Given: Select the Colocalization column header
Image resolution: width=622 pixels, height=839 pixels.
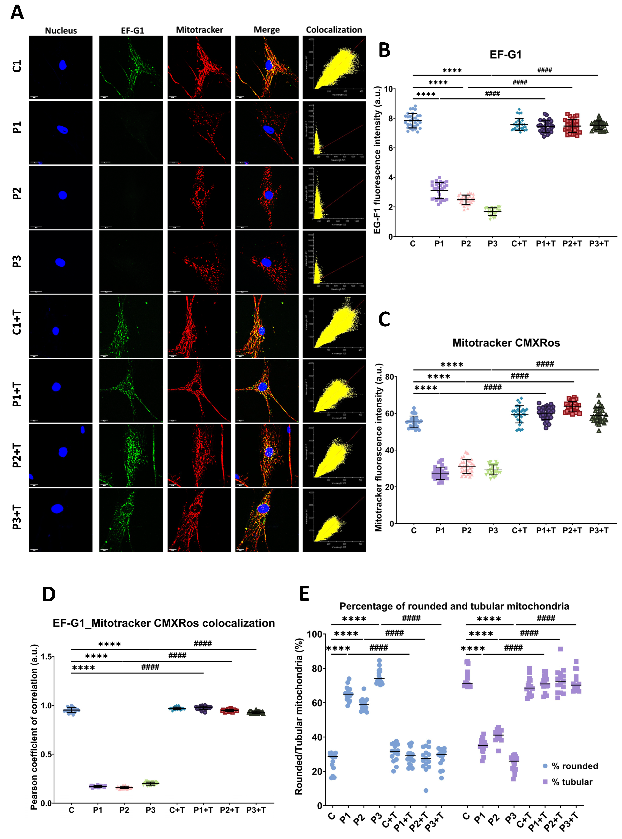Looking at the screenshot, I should click(x=334, y=30).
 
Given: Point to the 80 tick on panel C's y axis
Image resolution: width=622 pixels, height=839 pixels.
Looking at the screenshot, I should click(x=389, y=377).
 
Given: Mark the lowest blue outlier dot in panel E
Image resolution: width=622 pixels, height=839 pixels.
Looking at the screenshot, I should click(x=426, y=790).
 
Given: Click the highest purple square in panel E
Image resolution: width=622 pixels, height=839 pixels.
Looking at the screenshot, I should click(x=560, y=649).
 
